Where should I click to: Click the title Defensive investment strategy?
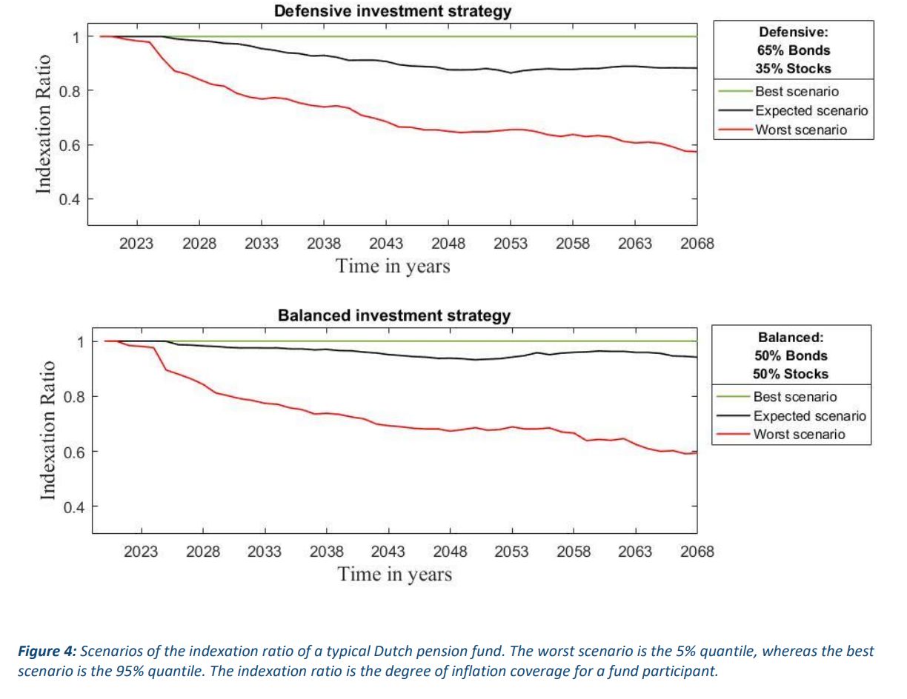pos(392,12)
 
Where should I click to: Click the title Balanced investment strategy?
pos(393,315)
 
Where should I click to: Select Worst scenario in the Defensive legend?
pos(800,130)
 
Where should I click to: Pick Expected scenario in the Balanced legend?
pos(809,416)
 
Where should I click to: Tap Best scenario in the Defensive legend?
pos(797,92)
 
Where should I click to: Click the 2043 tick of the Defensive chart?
pos(386,244)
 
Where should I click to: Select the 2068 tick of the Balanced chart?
pos(697,552)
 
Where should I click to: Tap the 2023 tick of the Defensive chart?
pos(137,244)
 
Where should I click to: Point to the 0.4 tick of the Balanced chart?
pos(71,507)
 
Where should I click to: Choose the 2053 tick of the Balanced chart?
pos(511,552)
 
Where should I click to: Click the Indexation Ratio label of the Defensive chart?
pos(44,124)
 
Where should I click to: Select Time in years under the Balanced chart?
pos(394,574)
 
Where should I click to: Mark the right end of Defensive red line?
pos(696,151)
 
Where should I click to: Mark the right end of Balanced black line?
pos(696,357)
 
